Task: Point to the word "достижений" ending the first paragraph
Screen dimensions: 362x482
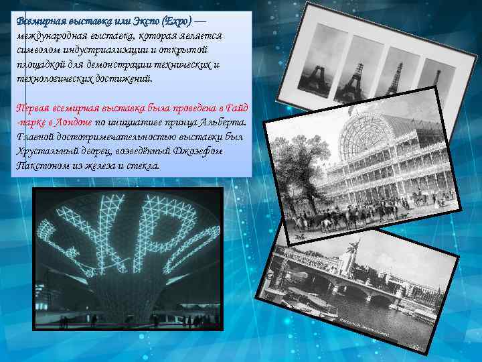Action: (x=127, y=78)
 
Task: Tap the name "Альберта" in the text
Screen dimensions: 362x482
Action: (x=226, y=123)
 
